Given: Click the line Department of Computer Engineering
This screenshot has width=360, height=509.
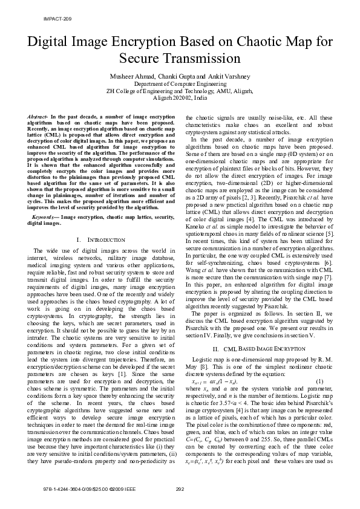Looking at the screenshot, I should (180, 84).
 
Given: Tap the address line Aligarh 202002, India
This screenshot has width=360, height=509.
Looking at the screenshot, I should (180, 97).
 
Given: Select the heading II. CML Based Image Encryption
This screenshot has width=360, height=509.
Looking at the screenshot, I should (257, 350).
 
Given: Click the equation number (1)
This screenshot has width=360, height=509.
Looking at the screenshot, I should (319, 381).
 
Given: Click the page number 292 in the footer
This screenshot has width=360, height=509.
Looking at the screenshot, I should (180, 489).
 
